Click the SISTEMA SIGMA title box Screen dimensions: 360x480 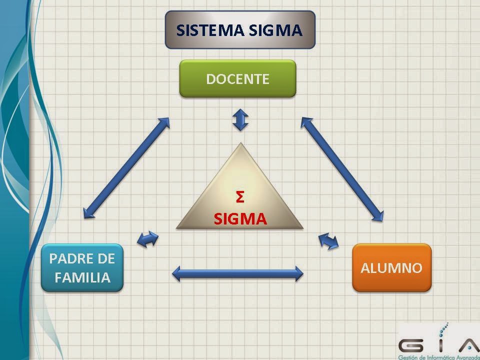(240, 30)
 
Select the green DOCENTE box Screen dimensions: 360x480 (238, 78)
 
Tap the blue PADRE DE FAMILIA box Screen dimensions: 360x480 (82, 267)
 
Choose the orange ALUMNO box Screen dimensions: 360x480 (391, 267)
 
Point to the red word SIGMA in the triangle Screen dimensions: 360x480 (240, 218)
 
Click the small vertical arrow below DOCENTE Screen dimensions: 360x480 (240, 120)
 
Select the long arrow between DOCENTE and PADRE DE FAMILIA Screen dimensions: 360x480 (126, 167)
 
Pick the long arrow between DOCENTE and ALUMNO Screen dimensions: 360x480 (342, 169)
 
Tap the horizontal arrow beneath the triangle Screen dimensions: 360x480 (237, 273)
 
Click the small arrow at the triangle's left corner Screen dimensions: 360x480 (147, 239)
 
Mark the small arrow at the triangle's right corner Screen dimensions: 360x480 (328, 241)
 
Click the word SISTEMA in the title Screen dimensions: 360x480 (207, 30)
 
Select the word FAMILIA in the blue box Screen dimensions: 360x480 (82, 277)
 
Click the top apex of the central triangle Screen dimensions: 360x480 (241, 145)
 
